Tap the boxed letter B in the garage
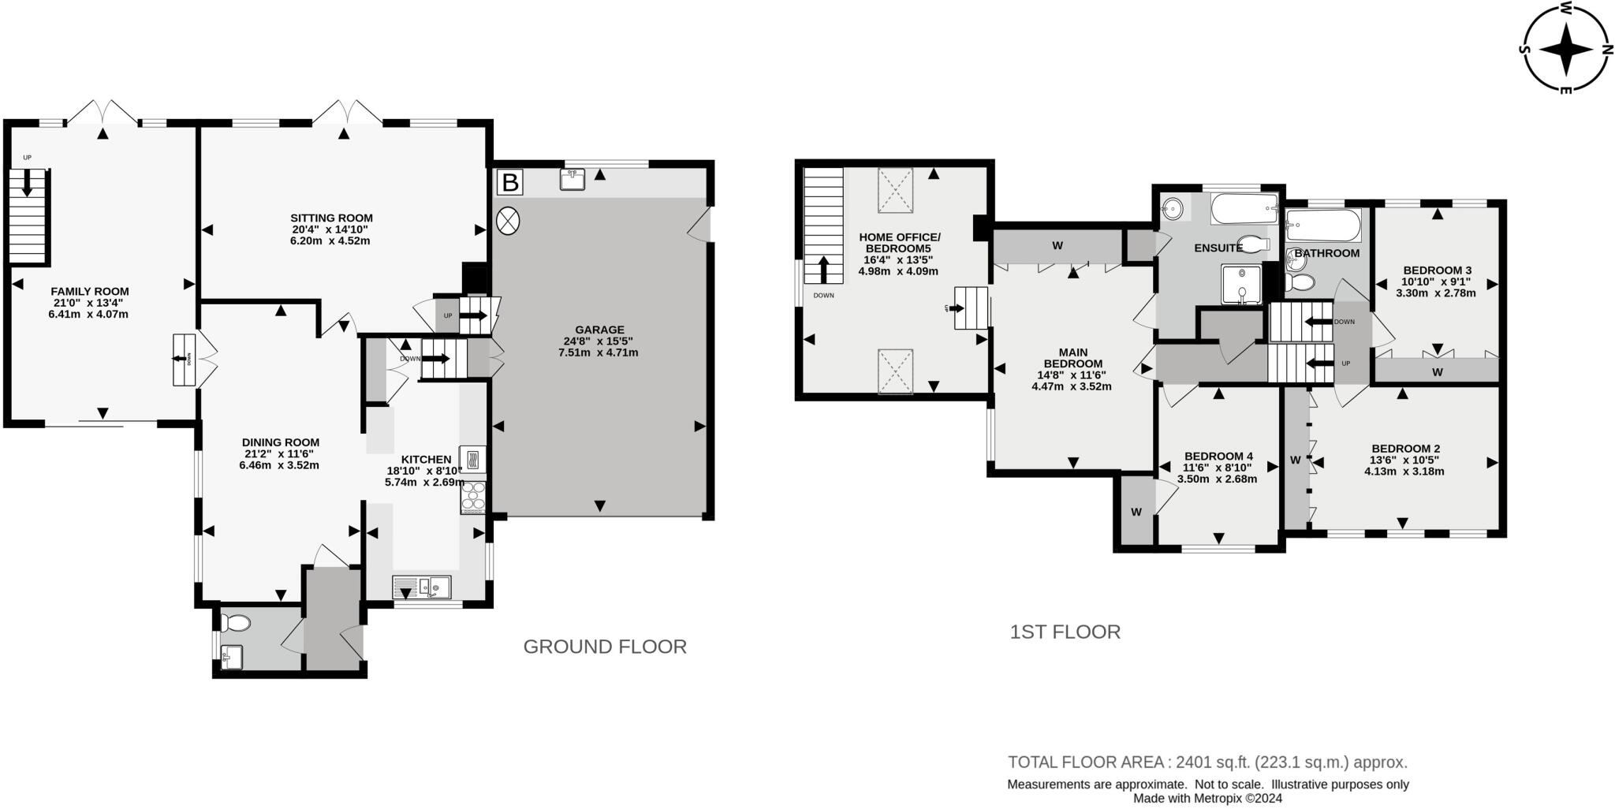click(510, 183)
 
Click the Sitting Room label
click(331, 218)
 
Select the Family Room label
click(89, 291)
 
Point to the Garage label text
click(599, 330)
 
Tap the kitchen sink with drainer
click(421, 587)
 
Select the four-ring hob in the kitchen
click(474, 497)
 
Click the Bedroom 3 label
click(1437, 270)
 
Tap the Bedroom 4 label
click(1218, 456)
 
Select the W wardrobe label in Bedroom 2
click(1295, 460)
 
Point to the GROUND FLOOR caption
click(605, 647)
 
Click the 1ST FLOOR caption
click(1065, 632)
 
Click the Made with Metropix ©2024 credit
click(1207, 798)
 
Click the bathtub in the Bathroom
click(1323, 226)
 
